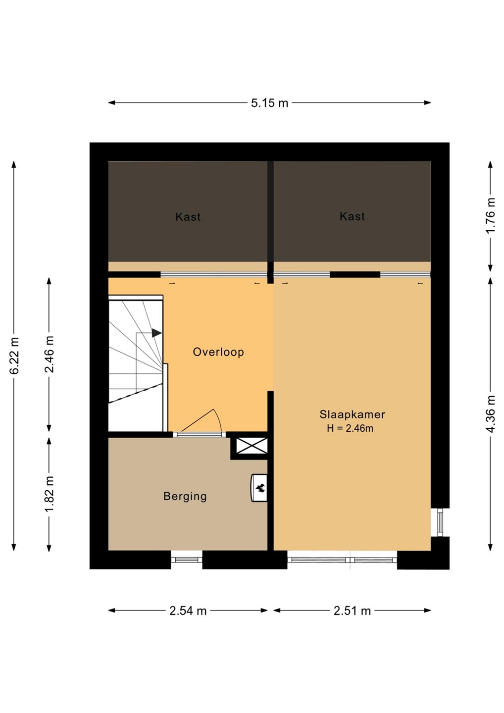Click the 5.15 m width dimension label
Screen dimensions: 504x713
(x=269, y=103)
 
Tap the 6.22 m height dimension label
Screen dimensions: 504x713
(x=14, y=355)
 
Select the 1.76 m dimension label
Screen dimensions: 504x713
(x=490, y=215)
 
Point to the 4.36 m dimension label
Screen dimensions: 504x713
(x=490, y=413)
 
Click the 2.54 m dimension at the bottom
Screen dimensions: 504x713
(x=188, y=611)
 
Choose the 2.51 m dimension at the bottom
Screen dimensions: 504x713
(x=352, y=611)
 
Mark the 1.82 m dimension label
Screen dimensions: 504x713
(x=50, y=494)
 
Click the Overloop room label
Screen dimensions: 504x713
(x=218, y=352)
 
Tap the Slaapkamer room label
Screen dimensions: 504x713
(x=352, y=414)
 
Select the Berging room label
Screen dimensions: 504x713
(x=185, y=496)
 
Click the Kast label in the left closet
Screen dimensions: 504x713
(x=188, y=217)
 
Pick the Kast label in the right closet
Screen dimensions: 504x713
(x=352, y=216)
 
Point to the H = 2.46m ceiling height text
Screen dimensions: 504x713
(x=350, y=428)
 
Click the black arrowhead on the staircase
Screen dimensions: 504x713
(x=156, y=333)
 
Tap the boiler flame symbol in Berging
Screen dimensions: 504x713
(x=260, y=488)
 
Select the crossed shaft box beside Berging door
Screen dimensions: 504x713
(x=252, y=446)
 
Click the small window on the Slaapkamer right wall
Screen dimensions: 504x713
(x=440, y=522)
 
